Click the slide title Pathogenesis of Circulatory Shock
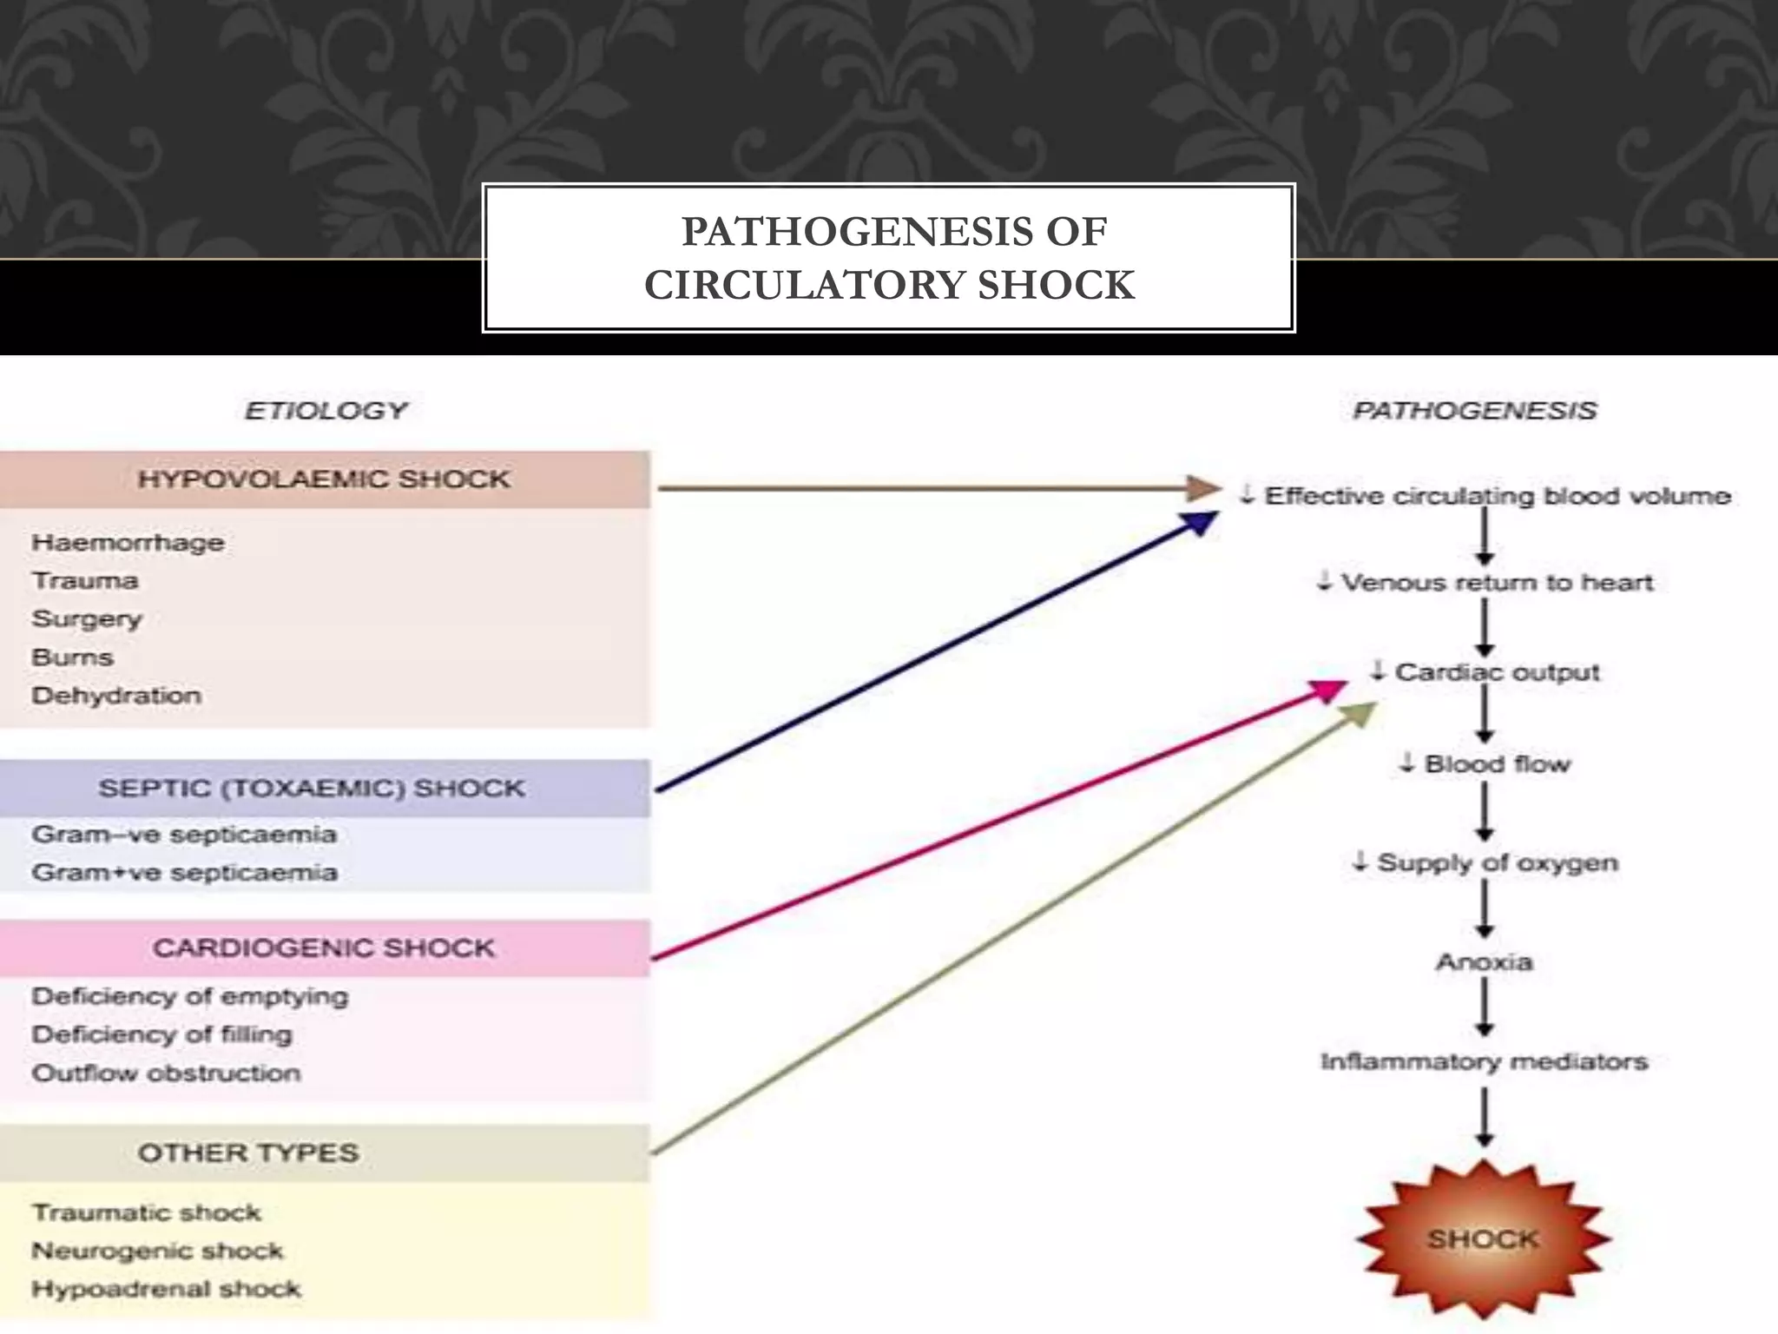click(x=889, y=258)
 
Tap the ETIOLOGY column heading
click(x=326, y=410)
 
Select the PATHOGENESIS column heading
click(x=1474, y=410)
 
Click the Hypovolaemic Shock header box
click(x=324, y=479)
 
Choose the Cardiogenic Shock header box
click(x=324, y=948)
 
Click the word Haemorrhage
click(x=128, y=543)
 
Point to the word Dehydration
click(x=116, y=696)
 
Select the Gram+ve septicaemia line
click(x=184, y=873)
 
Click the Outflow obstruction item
click(x=166, y=1073)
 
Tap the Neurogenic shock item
click(x=157, y=1251)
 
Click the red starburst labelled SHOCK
click(x=1483, y=1239)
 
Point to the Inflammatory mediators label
click(x=1484, y=1062)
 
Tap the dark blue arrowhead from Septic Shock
click(x=1200, y=523)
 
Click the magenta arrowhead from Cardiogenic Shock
click(x=1328, y=690)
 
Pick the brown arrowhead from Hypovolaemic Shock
click(x=1204, y=488)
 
